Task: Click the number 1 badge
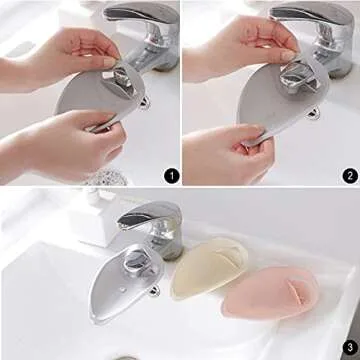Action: [170, 176]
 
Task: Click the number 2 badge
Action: [349, 176]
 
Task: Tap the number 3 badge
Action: [348, 348]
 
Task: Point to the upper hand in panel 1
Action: [50, 50]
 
